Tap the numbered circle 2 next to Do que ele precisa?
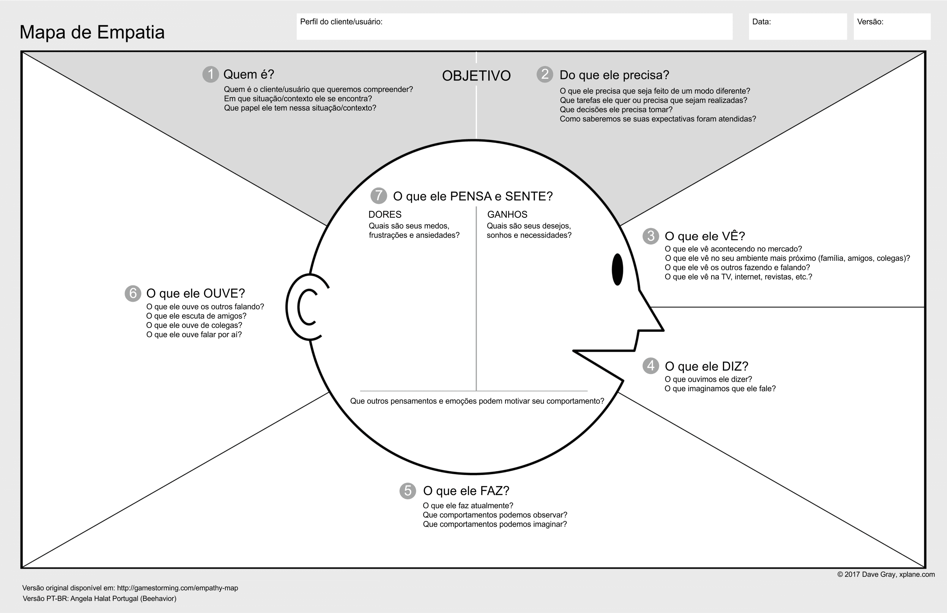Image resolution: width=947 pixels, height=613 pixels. [x=545, y=75]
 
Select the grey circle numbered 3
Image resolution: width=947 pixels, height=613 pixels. [x=651, y=236]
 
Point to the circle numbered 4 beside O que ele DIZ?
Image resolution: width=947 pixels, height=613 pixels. [x=651, y=366]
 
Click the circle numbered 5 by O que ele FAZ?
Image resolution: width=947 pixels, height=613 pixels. [x=408, y=490]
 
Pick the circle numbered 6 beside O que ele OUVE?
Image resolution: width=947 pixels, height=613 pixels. [x=133, y=293]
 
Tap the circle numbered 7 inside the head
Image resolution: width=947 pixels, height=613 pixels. [x=378, y=196]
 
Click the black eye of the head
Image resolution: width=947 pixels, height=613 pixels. [x=617, y=269]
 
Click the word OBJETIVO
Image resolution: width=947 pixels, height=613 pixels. [x=476, y=75]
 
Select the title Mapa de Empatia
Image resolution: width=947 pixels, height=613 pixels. [x=92, y=32]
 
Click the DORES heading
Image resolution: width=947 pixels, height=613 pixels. [x=385, y=214]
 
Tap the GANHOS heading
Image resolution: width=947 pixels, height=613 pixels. [x=507, y=214]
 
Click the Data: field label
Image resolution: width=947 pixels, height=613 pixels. [x=761, y=22]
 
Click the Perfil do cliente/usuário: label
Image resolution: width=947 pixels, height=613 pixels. [x=341, y=22]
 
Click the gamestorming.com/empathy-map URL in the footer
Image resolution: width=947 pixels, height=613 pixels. [x=177, y=588]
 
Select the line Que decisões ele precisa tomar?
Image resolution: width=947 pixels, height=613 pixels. [x=616, y=110]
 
